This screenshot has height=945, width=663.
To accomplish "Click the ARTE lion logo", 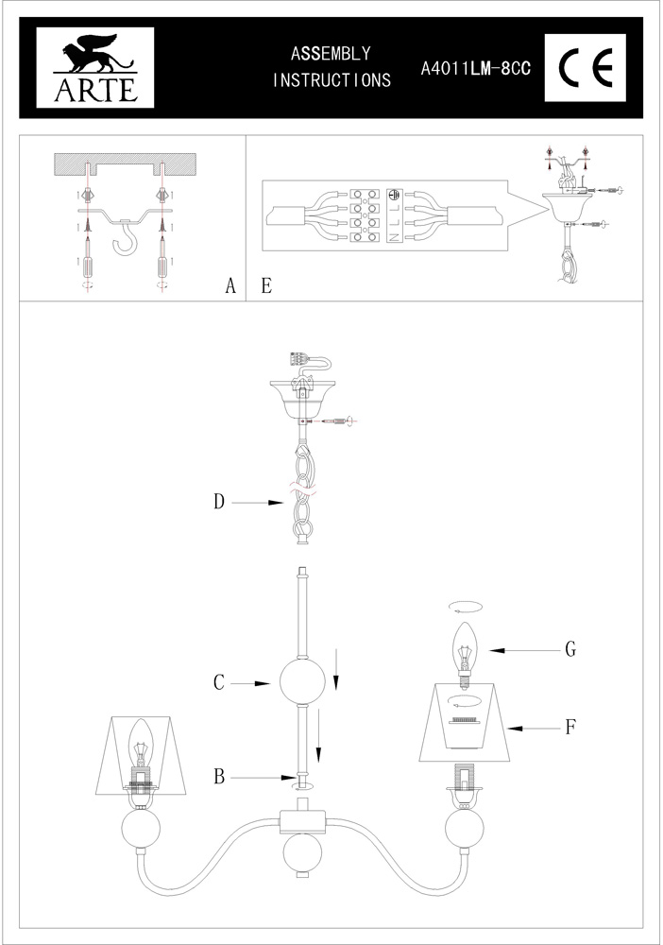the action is click(x=95, y=67).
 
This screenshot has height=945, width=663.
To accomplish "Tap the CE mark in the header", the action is click(x=586, y=67).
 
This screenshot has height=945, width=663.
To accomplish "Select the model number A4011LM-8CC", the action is click(x=476, y=69).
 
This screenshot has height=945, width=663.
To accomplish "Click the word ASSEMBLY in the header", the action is click(x=331, y=54).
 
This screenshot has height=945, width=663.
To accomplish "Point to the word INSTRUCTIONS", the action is click(x=331, y=79).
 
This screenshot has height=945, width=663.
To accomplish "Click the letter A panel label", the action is click(x=230, y=285).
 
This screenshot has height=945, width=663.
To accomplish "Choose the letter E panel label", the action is click(x=266, y=285).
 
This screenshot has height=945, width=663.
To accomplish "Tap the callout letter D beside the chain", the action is click(x=219, y=501).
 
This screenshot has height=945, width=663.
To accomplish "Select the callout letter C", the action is click(x=219, y=682).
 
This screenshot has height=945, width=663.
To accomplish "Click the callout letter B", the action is click(x=219, y=777).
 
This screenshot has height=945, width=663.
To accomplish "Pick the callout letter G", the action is click(x=570, y=649).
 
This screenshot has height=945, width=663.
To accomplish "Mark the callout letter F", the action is click(x=570, y=728).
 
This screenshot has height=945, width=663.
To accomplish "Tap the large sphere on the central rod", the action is click(x=302, y=682).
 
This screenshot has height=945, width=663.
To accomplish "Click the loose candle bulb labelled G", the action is click(x=465, y=656).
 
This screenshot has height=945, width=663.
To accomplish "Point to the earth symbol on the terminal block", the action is click(x=394, y=195).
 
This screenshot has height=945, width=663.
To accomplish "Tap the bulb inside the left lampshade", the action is click(x=141, y=747).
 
